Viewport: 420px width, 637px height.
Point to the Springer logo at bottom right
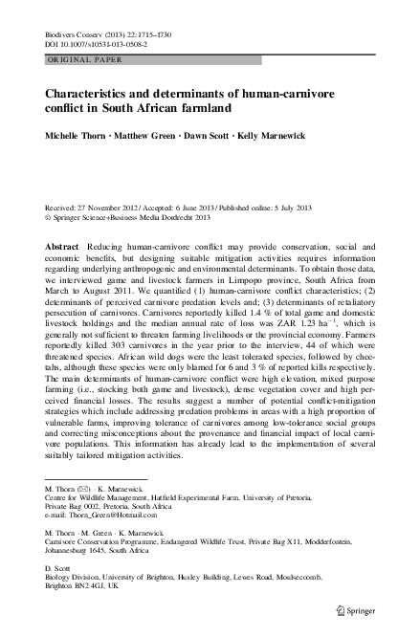[361, 605]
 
